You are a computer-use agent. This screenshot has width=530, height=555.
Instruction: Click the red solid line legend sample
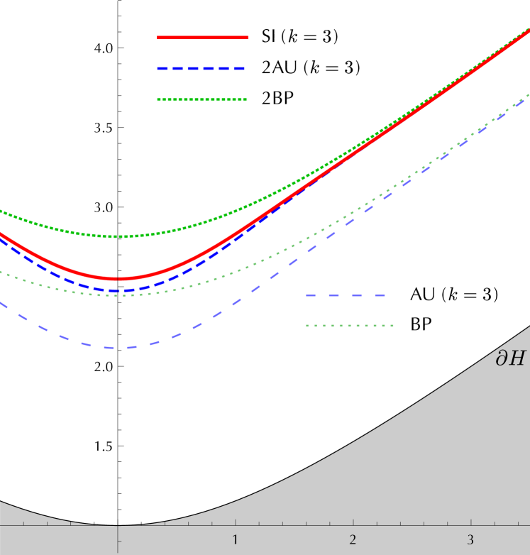[203, 37]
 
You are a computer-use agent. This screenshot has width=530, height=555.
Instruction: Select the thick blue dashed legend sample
[201, 69]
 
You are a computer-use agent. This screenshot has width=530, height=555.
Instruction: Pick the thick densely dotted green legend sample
[202, 99]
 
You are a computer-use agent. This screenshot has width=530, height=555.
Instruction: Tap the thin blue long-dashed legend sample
[346, 295]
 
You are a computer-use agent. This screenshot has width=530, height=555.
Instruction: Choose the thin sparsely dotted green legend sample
[350, 326]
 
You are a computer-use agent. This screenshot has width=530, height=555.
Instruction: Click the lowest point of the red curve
[117, 278]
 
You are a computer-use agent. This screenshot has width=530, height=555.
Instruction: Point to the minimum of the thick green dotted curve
[122, 236]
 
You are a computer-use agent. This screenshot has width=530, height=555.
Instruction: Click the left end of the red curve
[1, 233]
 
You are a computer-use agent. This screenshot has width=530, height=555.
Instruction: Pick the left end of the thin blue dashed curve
[1, 303]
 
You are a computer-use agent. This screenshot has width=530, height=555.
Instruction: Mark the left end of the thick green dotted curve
[1, 211]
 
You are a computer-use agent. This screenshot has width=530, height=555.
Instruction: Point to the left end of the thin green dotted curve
[1, 271]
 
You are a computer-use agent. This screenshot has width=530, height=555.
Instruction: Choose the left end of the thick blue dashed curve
[1, 239]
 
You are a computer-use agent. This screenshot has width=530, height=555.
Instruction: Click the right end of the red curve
[529, 30]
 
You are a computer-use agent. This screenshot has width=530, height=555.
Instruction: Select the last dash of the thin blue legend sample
[379, 295]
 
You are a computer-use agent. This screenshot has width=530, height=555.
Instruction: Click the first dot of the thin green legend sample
[307, 326]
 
